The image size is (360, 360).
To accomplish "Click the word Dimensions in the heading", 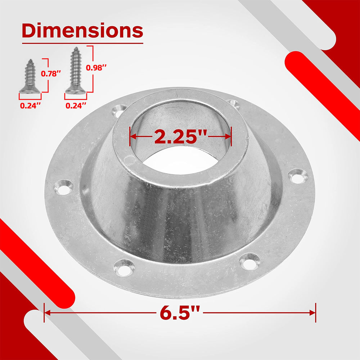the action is click(82, 30).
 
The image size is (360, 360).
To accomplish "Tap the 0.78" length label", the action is click(51, 74).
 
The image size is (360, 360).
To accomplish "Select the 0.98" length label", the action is click(96, 68).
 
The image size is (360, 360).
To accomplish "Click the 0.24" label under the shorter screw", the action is click(30, 105).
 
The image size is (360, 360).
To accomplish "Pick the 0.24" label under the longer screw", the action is click(76, 105).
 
